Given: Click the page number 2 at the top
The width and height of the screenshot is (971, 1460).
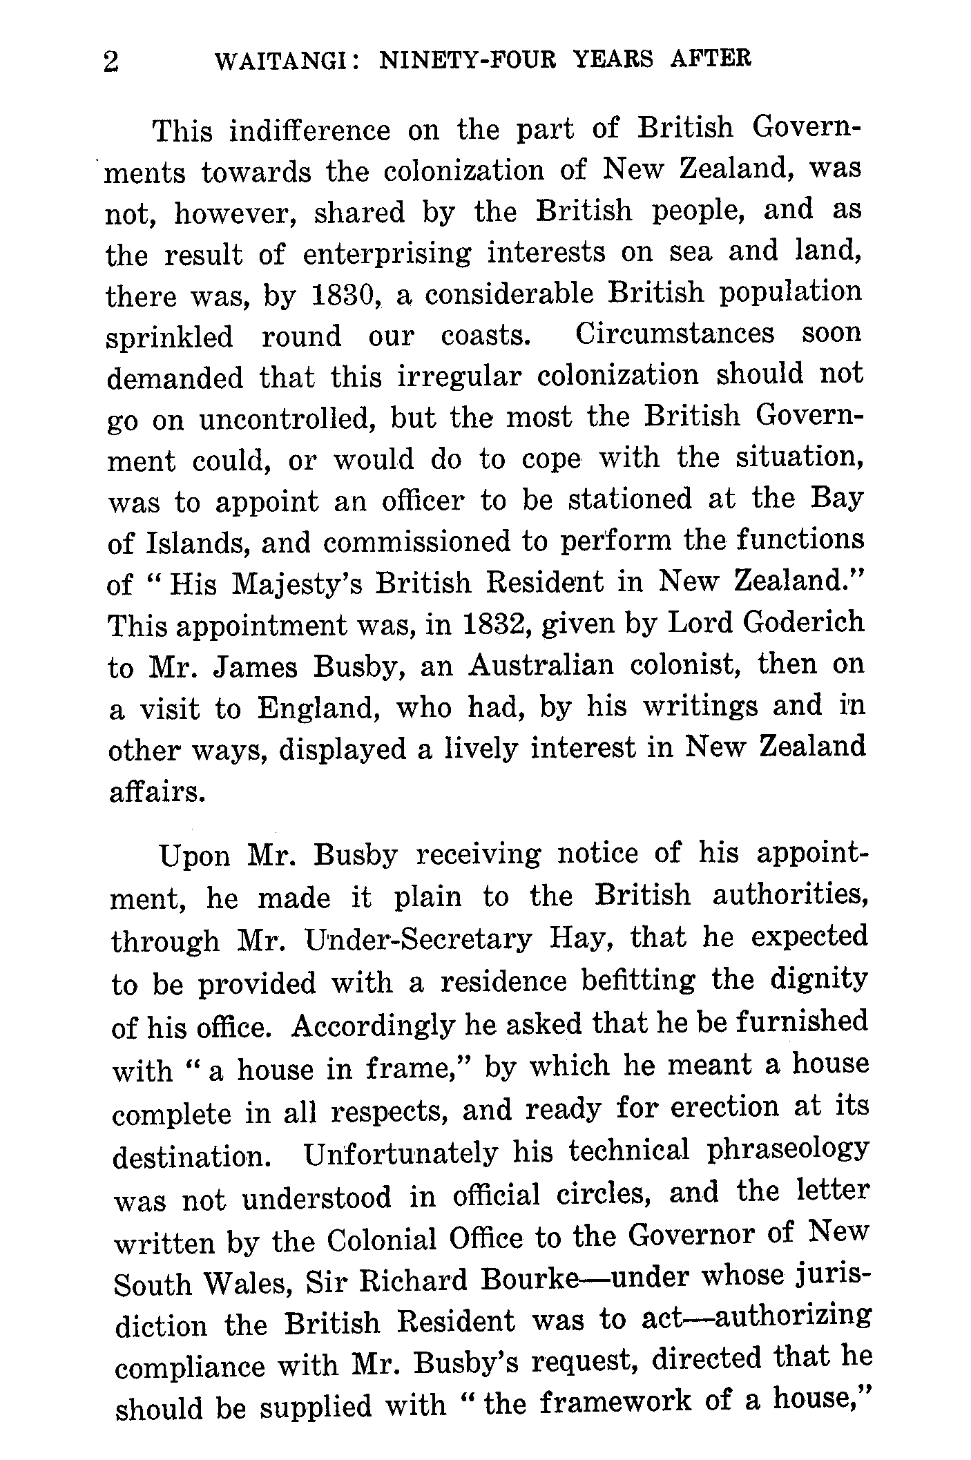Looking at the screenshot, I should [x=111, y=62].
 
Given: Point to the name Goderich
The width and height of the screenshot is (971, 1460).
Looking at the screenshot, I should [x=804, y=622].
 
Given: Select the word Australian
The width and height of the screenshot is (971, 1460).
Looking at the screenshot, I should [x=541, y=665].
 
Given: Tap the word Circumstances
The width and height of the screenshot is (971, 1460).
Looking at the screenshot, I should [x=675, y=334].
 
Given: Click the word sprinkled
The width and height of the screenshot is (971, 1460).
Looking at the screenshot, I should [x=170, y=338].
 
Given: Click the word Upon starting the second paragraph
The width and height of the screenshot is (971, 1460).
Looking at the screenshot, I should [x=194, y=857].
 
